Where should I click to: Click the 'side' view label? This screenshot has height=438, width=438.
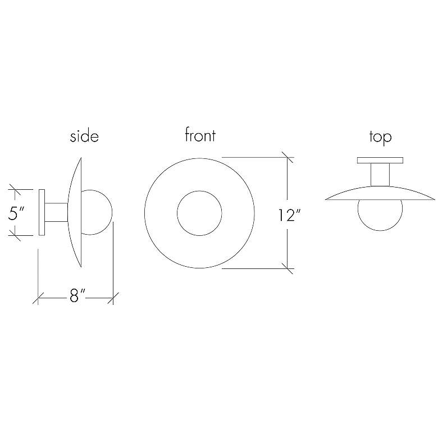84,136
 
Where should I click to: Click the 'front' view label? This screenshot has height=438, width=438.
200,135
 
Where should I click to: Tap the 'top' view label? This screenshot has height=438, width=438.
380,136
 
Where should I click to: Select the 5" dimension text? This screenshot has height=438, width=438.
17,214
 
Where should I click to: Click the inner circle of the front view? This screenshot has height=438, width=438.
199,213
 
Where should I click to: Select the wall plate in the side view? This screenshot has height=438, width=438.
41,212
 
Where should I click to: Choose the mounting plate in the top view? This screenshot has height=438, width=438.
380,160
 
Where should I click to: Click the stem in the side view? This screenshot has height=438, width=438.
56,212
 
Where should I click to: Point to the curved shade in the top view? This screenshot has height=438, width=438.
380,193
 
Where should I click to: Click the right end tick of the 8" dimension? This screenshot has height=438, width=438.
113,297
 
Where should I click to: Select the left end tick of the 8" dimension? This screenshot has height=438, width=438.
38,297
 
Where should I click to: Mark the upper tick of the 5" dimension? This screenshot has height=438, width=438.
15,189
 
